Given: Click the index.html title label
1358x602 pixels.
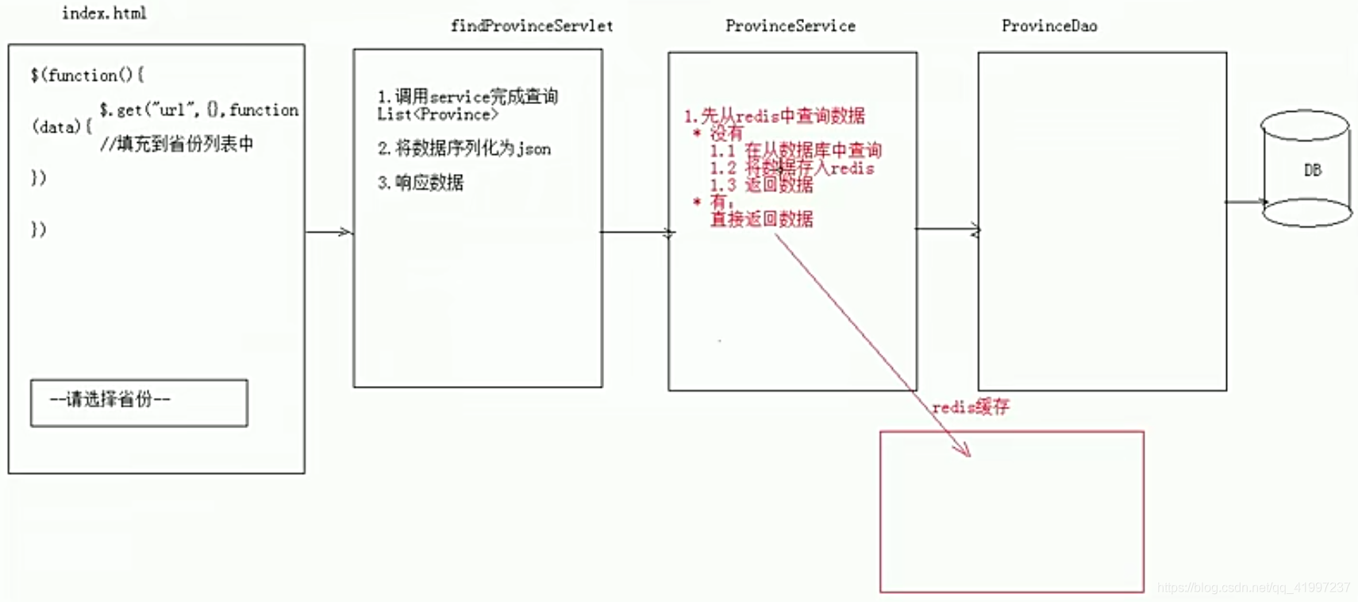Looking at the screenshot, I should coord(104,13).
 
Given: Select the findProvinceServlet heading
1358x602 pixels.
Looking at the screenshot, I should coord(532,26).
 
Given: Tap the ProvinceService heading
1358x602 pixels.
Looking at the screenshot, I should coord(791,26).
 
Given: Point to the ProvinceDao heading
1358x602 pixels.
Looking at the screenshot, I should coord(1049,26).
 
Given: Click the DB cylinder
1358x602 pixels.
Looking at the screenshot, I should coord(1306,169).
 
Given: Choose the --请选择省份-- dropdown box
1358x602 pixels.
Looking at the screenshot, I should coord(139,403).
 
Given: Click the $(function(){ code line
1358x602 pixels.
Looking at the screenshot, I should coord(87,75).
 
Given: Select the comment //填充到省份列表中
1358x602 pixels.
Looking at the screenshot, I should coord(177,144).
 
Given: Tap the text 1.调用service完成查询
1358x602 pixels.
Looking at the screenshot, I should coord(467,96).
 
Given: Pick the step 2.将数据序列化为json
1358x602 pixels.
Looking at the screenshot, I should coord(464,149).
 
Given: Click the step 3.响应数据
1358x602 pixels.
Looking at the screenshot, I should coord(421,183).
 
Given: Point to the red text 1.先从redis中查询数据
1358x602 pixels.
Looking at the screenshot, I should coord(775,116).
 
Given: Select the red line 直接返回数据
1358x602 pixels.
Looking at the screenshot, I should coord(761,219).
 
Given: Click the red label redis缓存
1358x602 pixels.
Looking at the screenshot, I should coord(971,407).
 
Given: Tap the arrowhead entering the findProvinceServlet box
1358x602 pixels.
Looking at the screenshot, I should coord(345,232).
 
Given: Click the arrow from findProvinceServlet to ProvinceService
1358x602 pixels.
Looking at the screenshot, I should coord(635,233).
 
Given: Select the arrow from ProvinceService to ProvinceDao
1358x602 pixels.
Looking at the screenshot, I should coord(947,230).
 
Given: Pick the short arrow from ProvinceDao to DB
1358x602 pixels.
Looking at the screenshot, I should coord(1245,202).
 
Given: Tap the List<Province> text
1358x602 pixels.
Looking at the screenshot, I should coord(438,115).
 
